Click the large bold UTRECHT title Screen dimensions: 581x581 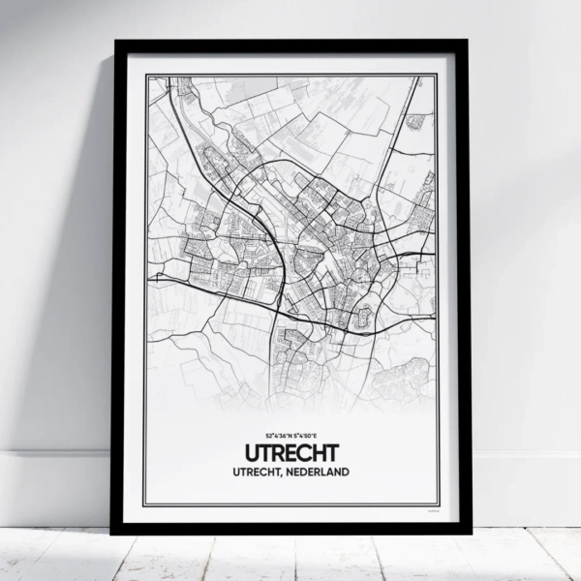click(290, 454)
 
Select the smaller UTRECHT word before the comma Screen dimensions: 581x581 click(257, 474)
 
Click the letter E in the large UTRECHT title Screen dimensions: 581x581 click(294, 454)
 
